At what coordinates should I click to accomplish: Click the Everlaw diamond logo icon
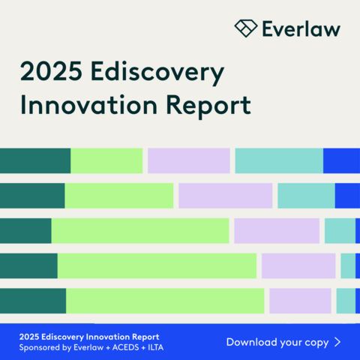(245, 28)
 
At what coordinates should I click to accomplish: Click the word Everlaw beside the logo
(301, 29)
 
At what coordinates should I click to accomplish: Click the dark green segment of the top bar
(34, 160)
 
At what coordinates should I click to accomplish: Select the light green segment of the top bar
(106, 160)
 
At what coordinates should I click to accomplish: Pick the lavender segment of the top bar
(188, 160)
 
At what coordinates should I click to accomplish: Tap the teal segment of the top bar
(278, 160)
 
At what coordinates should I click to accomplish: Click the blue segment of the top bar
(341, 160)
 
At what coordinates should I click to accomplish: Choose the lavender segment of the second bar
(225, 196)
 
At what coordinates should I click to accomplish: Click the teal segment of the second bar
(306, 196)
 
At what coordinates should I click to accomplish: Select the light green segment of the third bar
(139, 231)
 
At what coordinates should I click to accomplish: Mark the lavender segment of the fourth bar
(298, 265)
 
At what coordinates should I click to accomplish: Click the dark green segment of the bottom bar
(32, 300)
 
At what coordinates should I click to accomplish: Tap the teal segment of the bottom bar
(345, 300)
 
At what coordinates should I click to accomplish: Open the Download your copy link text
(277, 342)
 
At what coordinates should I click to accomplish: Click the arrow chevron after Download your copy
(337, 342)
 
